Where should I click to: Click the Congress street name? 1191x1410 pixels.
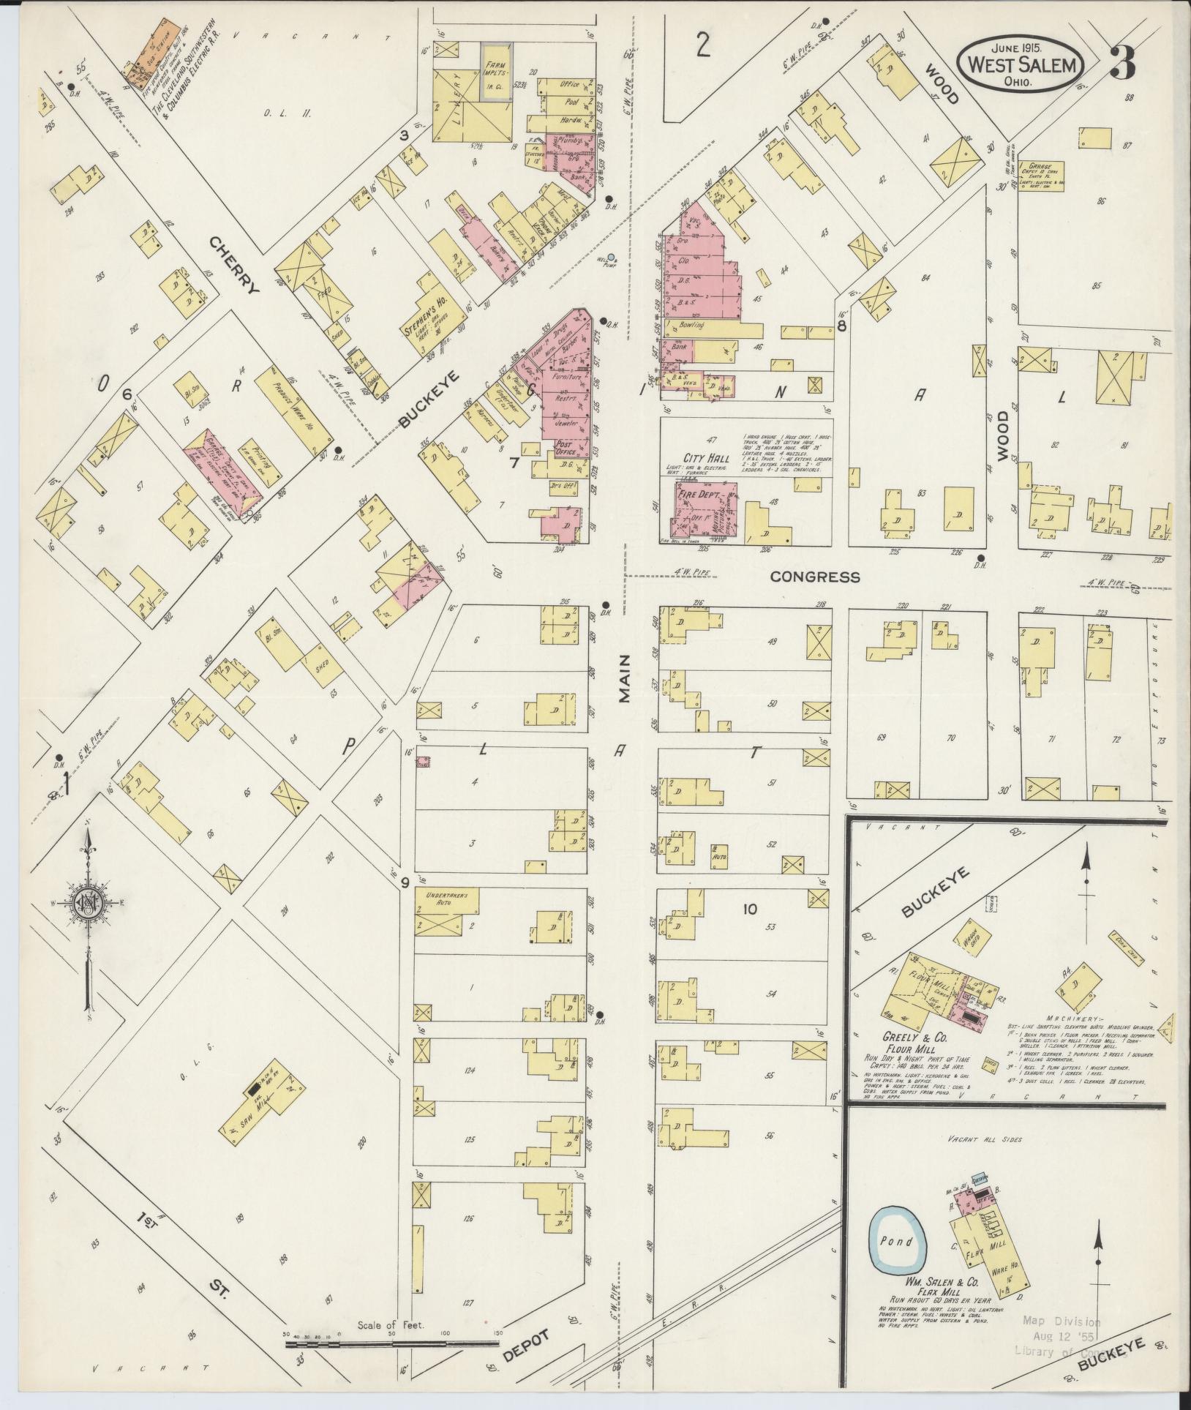click(x=815, y=577)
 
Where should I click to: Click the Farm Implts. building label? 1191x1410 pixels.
click(x=495, y=71)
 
